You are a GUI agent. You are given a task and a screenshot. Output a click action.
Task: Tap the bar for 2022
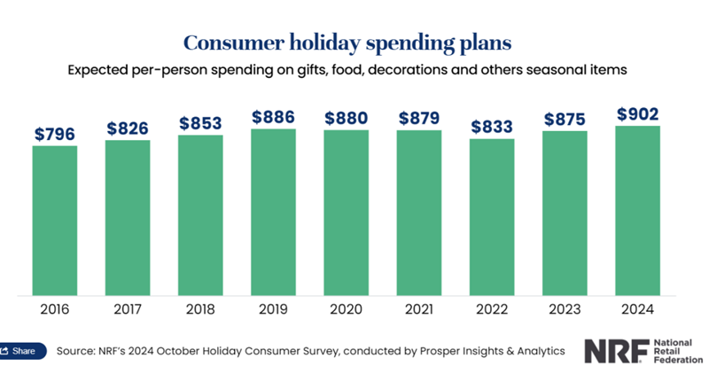coord(492,216)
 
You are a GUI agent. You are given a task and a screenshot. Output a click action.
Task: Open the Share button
coord(20,351)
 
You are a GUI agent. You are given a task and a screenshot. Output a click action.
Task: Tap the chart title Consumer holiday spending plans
coord(354,42)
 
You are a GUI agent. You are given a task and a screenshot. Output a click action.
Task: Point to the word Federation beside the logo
coord(680,360)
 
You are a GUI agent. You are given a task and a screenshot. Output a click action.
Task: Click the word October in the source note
coord(185,351)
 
